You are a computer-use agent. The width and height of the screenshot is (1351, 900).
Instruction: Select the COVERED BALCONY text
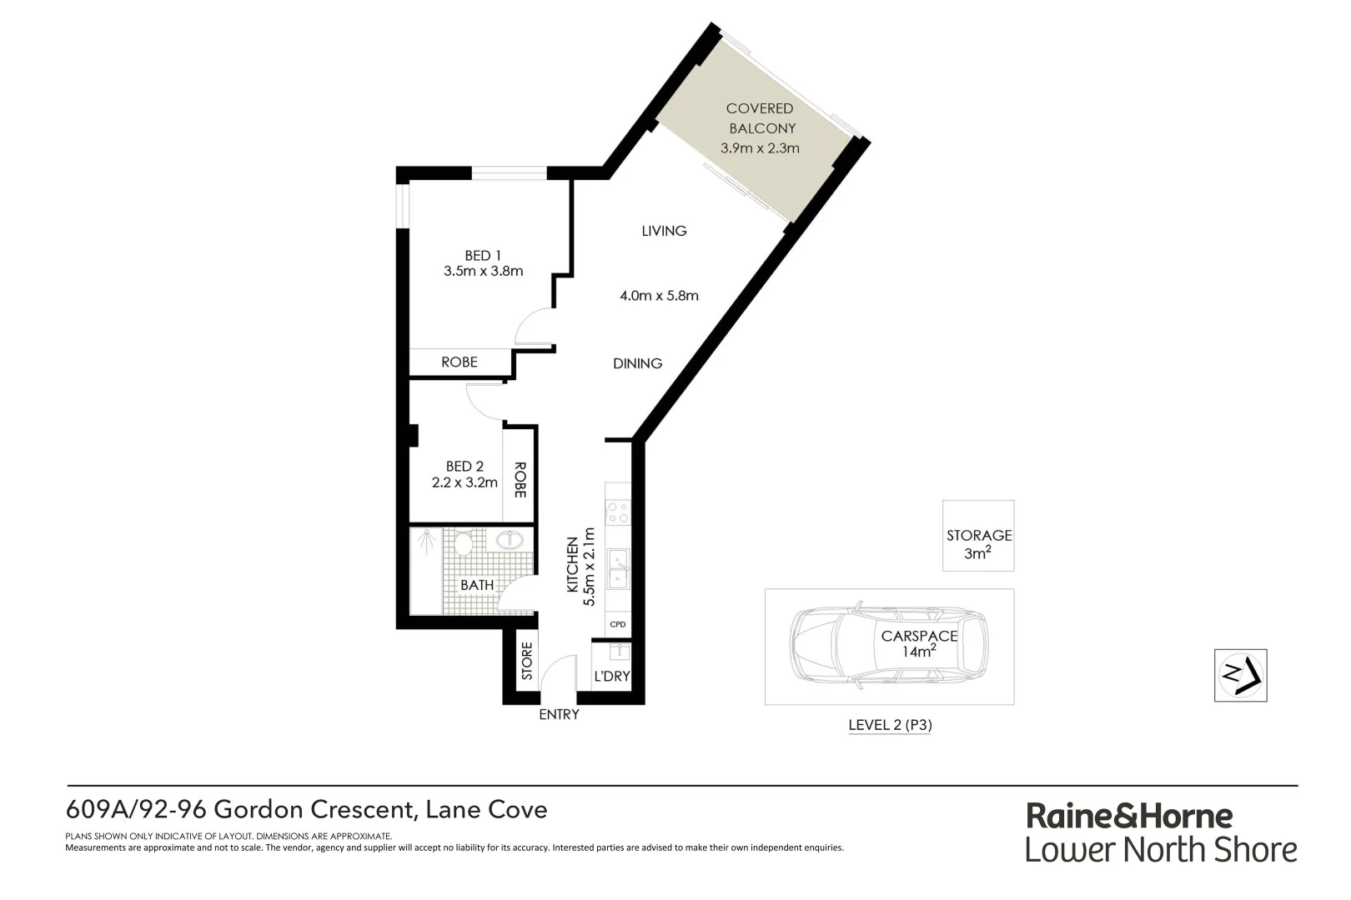(x=761, y=118)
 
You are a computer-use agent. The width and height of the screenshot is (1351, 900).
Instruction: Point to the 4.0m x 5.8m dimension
(x=659, y=295)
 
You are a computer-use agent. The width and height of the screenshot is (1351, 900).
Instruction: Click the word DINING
(x=637, y=363)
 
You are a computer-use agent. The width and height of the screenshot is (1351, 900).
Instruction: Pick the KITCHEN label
(x=572, y=565)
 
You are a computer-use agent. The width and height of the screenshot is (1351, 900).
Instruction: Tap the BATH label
(x=477, y=585)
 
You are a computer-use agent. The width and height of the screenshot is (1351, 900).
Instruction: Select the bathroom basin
(x=510, y=540)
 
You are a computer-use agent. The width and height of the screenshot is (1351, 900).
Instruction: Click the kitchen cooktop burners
(x=618, y=512)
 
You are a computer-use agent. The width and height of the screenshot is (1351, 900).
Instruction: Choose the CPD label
(x=618, y=624)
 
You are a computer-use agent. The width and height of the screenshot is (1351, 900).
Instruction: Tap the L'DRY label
(x=611, y=676)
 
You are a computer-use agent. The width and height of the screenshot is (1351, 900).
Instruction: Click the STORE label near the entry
(x=527, y=661)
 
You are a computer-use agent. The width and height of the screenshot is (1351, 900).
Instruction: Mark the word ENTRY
(x=559, y=714)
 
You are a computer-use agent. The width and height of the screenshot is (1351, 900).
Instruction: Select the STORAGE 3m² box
(x=978, y=536)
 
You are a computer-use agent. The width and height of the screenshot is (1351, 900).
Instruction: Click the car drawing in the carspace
(x=888, y=646)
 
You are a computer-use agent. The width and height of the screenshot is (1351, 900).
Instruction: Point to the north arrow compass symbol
(x=1240, y=675)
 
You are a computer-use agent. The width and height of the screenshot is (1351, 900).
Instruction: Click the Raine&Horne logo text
(x=1129, y=815)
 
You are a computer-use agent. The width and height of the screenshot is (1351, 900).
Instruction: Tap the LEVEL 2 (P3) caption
(x=890, y=725)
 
